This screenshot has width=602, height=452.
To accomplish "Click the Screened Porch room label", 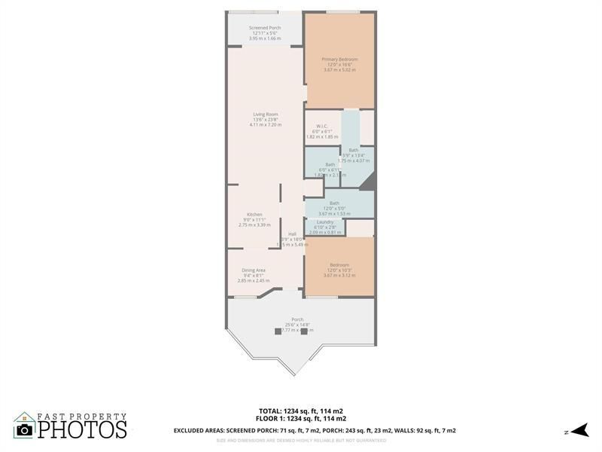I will click(x=264, y=28).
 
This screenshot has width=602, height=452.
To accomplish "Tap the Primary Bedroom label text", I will click(x=339, y=59).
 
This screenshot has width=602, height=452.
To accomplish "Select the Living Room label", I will click(x=265, y=115).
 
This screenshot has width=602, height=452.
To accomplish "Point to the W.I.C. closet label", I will click(x=321, y=127).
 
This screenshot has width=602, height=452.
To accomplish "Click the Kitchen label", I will click(x=254, y=214).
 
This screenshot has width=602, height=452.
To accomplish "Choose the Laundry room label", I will click(x=324, y=222).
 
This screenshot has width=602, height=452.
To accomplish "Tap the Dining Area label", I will click(x=253, y=270).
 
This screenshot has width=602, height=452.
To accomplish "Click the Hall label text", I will click(x=292, y=234).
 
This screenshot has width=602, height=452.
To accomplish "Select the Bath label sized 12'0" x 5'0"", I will click(x=334, y=203).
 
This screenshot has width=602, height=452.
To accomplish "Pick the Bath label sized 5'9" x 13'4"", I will click(x=354, y=150).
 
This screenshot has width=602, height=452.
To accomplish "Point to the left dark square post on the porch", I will click(x=278, y=330).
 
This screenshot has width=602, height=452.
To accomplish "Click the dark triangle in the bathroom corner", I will click(x=367, y=182).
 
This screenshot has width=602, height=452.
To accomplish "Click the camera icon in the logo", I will click(x=25, y=429).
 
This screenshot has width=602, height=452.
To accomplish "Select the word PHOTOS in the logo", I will click(x=82, y=429).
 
